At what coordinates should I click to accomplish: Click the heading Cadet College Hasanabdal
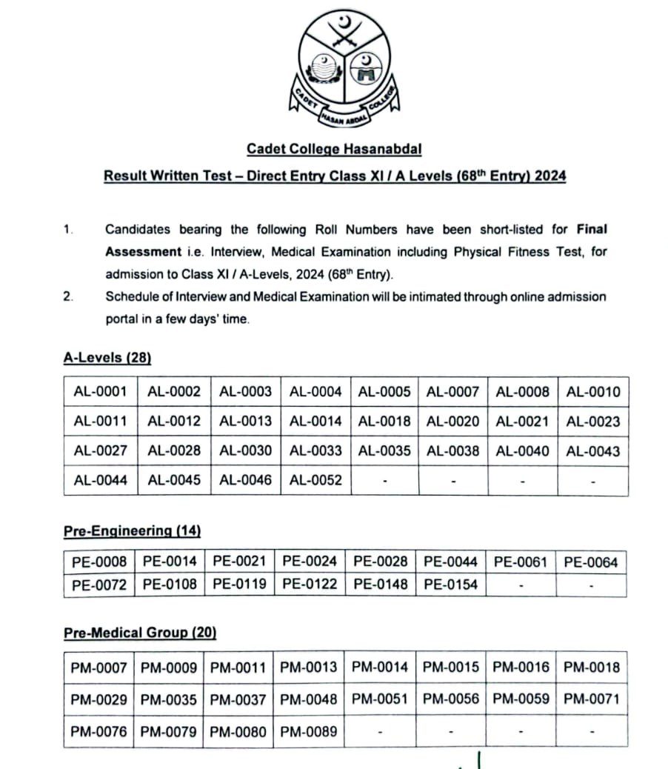[x=334, y=149]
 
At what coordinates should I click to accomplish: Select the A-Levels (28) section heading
[x=107, y=358]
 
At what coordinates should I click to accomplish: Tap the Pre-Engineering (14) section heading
[x=132, y=530]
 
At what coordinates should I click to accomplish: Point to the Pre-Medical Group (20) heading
[x=140, y=633]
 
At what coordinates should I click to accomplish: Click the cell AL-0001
[x=100, y=391]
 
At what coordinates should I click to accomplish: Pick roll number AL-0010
[x=593, y=391]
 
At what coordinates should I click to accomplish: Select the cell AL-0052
[x=315, y=480]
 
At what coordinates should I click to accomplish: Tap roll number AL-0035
[x=384, y=450]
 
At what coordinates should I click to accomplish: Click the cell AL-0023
[x=593, y=422]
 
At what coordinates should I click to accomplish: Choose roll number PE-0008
[x=99, y=562]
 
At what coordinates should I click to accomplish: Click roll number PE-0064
[x=590, y=562]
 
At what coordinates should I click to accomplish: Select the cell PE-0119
[x=240, y=584]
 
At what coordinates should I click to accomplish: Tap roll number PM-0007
[x=99, y=668]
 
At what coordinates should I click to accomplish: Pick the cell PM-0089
[x=309, y=732]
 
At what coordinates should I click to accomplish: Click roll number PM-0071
[x=591, y=699]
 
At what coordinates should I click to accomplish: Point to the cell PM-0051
[x=379, y=699]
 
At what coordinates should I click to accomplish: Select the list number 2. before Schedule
[x=68, y=297]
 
